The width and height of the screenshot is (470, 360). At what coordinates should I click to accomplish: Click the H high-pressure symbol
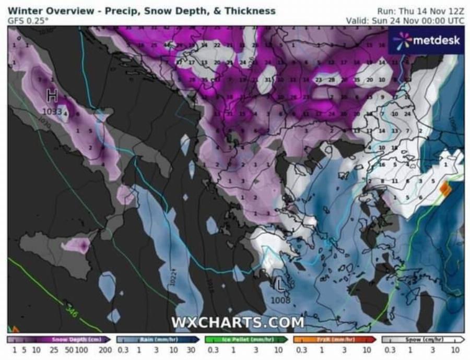(x=52, y=96)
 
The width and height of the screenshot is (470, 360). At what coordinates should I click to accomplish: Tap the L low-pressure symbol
(x=281, y=285)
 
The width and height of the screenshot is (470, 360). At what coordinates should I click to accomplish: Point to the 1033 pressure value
(x=52, y=111)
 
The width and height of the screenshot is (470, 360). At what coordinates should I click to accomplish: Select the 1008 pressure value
(x=280, y=299)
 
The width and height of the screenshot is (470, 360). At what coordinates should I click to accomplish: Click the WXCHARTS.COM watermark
(x=238, y=322)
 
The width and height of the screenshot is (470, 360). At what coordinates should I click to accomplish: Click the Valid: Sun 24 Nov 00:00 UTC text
(x=405, y=20)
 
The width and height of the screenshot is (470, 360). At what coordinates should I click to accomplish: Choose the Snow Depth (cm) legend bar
(x=59, y=340)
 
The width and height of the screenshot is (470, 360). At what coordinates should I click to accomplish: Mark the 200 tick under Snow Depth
(x=105, y=350)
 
